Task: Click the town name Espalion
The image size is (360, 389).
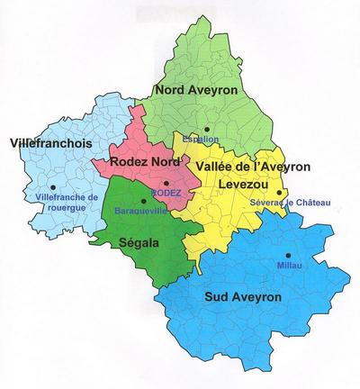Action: (200, 140)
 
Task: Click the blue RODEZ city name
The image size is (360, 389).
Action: (167, 193)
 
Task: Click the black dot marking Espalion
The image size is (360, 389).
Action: (206, 130)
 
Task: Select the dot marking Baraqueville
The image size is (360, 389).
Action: (143, 201)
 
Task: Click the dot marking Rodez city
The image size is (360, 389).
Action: (166, 183)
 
